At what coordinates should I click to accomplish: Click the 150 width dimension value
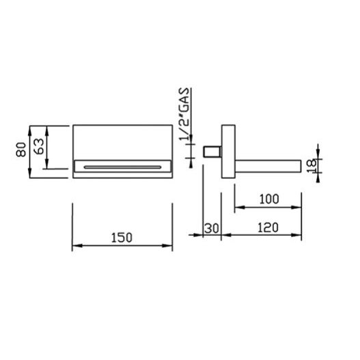122,238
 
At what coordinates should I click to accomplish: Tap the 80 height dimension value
21,150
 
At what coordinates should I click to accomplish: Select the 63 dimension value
38,146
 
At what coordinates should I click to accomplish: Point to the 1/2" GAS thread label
184,114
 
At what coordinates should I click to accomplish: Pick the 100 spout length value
269,199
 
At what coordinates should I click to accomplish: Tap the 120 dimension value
268,227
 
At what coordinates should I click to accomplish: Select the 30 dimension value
212,228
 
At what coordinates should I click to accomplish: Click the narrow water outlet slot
122,167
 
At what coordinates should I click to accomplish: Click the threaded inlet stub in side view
212,152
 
